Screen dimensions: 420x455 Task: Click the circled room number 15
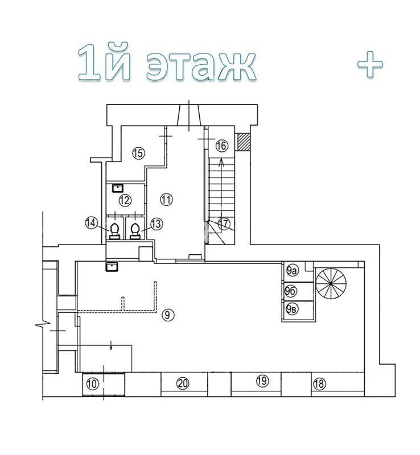(138, 152)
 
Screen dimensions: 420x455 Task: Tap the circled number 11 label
(166, 200)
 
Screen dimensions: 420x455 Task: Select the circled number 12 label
(125, 200)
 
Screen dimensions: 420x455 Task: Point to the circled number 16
(222, 146)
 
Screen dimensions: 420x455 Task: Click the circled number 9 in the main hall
(167, 315)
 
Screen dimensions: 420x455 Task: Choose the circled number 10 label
(92, 384)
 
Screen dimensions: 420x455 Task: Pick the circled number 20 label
(183, 383)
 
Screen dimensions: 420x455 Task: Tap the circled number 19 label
(262, 380)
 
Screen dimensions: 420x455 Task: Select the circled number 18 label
(319, 384)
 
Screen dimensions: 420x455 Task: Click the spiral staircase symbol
(331, 283)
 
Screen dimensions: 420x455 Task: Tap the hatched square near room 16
(244, 142)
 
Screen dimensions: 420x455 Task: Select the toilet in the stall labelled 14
(115, 231)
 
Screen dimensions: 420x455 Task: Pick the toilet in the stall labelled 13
(135, 231)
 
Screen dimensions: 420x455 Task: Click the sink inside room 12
(118, 188)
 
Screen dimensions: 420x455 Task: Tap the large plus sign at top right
(370, 64)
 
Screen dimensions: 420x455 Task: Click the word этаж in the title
(201, 67)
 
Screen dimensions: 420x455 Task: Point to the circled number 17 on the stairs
(224, 224)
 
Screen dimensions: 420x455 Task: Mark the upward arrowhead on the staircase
(221, 162)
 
